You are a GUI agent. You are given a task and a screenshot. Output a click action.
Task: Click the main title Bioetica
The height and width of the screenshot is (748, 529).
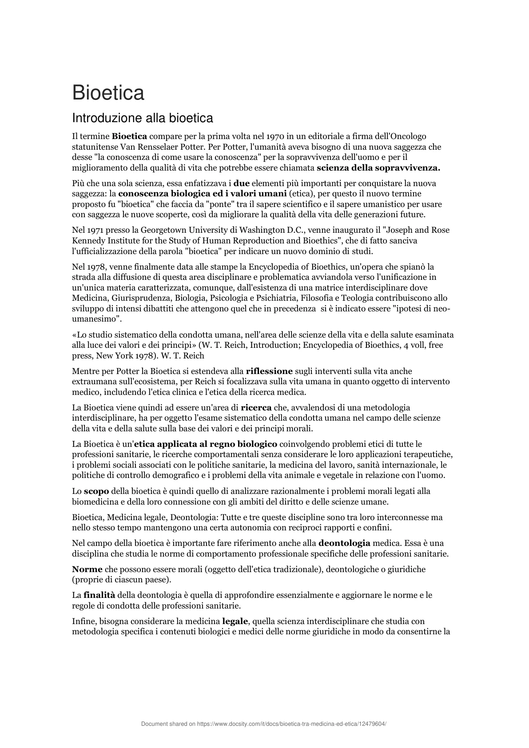(108, 93)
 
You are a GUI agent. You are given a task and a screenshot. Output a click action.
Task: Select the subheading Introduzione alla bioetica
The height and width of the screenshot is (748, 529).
(143, 118)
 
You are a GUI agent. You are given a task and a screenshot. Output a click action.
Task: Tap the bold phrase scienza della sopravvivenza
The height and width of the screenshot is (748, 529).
(378, 168)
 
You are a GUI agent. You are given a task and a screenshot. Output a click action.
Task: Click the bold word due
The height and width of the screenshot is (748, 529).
(242, 183)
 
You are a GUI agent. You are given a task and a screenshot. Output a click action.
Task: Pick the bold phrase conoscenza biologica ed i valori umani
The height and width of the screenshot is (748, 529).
(202, 194)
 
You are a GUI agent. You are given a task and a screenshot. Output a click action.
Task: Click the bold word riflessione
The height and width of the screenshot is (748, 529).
(269, 371)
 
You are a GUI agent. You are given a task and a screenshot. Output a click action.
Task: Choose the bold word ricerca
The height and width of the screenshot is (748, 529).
(256, 408)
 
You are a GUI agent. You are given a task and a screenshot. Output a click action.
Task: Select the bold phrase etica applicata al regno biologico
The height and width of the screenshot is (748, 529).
(206, 444)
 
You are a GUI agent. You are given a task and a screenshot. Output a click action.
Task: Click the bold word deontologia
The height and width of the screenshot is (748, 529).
(344, 543)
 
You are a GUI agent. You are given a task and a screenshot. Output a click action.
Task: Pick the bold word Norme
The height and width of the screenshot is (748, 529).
(87, 569)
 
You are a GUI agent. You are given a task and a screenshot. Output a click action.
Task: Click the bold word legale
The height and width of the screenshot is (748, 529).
(235, 621)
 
